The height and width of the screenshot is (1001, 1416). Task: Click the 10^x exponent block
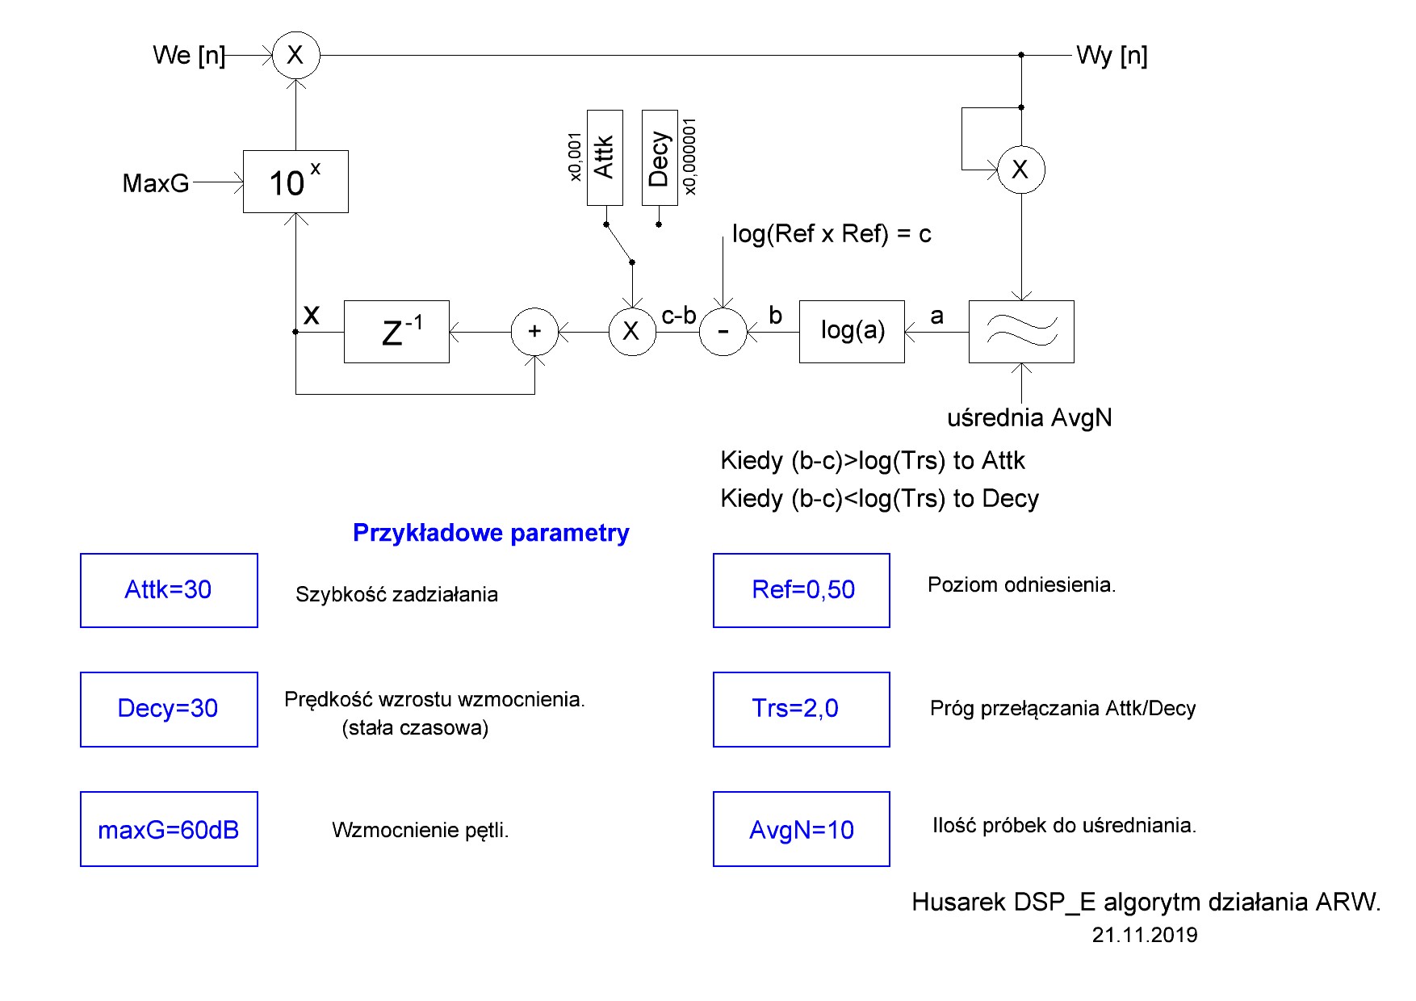pos(295,182)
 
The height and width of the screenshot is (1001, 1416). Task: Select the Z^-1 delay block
pos(396,332)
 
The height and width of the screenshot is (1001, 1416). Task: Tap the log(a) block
pos(852,332)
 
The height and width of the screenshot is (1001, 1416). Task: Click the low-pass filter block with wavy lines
pos(1021,332)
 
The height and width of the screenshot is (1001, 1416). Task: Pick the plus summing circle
pos(534,332)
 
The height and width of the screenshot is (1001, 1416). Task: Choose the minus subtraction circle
pos(723,332)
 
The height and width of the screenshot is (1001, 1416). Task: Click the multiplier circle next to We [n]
pos(295,55)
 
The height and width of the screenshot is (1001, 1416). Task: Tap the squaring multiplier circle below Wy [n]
pos(1021,170)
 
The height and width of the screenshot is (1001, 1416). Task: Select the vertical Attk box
pos(605,157)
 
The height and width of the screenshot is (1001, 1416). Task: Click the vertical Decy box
pos(660,157)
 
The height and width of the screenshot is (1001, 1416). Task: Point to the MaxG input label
pos(156,183)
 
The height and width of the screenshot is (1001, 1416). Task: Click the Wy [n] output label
pos(1112,56)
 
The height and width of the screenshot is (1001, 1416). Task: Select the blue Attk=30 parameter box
pos(169,590)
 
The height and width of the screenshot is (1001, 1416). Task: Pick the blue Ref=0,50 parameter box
pos(802,590)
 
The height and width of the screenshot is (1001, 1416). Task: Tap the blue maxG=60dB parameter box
pos(169,829)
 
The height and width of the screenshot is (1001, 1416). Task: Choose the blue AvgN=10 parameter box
pos(802,829)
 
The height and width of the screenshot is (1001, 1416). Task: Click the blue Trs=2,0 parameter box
pos(802,709)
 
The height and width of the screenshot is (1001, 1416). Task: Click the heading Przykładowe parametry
pos(491,533)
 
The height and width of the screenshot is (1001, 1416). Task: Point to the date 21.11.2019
pos(1145,935)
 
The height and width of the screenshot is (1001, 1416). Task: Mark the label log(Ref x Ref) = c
pos(832,234)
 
